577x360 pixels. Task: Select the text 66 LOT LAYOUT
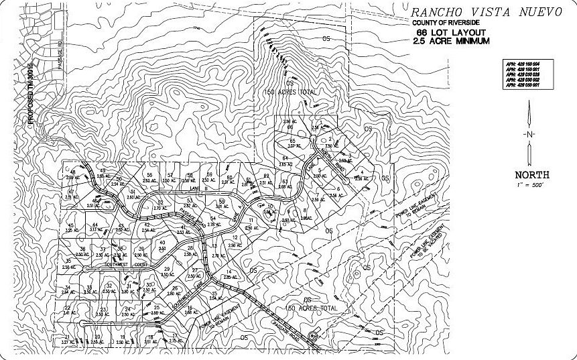tap(444, 32)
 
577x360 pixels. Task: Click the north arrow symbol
tap(529, 134)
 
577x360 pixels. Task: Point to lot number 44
tap(96, 225)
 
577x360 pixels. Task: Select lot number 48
tap(72, 172)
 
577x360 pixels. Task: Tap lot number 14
tap(229, 272)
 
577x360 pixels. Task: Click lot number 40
tap(162, 242)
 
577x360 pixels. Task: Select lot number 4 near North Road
tap(362, 173)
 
